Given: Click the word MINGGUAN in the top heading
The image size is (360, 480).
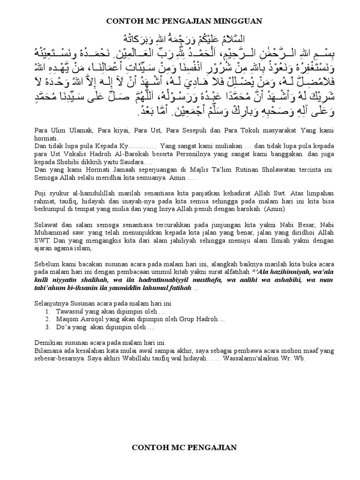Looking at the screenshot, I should click(x=233, y=21).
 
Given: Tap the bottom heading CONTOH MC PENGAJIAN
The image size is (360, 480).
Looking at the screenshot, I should click(x=184, y=448).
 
